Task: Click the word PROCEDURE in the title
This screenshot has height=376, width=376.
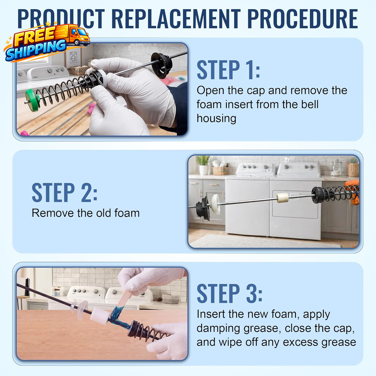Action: (x=303, y=19)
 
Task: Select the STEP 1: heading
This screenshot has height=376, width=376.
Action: (x=228, y=70)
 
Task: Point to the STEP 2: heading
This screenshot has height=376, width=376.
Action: (x=64, y=193)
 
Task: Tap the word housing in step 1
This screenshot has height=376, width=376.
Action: (x=216, y=118)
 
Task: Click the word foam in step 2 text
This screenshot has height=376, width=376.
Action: (x=127, y=213)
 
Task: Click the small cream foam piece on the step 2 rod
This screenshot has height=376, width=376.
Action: (x=283, y=198)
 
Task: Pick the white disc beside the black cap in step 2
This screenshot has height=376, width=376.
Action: (x=215, y=204)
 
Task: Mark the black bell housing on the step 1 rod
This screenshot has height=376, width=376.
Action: (x=162, y=64)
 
